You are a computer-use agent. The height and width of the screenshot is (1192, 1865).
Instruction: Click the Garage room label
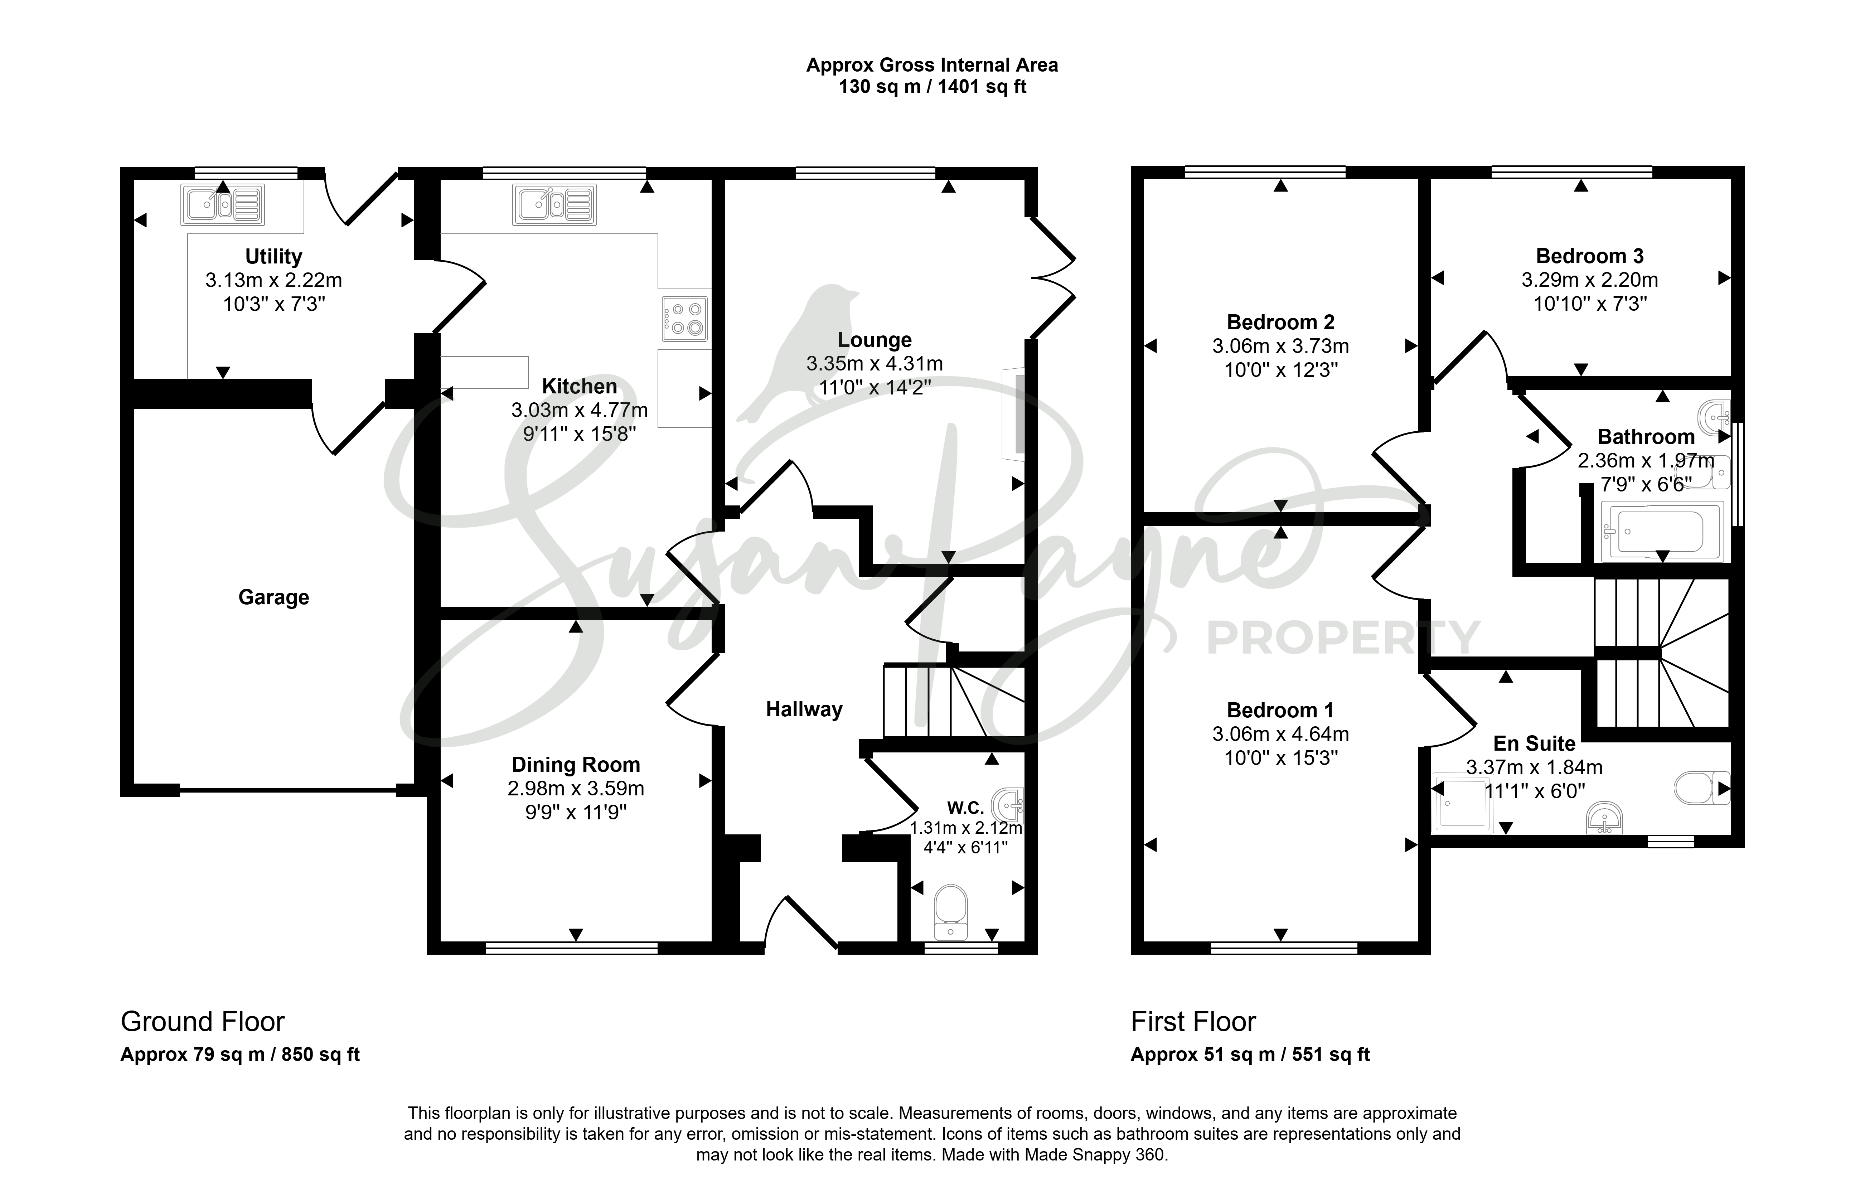click(273, 597)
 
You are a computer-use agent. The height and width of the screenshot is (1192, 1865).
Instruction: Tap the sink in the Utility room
click(223, 204)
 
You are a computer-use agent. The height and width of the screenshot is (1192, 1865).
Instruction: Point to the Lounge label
click(875, 340)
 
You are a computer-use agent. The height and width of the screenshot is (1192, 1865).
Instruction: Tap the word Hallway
click(804, 709)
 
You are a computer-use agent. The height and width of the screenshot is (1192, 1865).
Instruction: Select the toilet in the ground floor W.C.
click(951, 912)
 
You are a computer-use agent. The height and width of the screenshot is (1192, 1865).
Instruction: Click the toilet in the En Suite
click(1701, 789)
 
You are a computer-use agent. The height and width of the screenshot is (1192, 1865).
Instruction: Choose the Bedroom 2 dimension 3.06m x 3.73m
click(1280, 346)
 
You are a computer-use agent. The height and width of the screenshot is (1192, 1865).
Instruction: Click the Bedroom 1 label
click(1280, 710)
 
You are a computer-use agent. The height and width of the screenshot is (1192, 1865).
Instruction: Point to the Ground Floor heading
click(203, 1022)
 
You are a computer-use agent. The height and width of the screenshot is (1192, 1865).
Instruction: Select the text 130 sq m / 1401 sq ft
click(932, 87)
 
